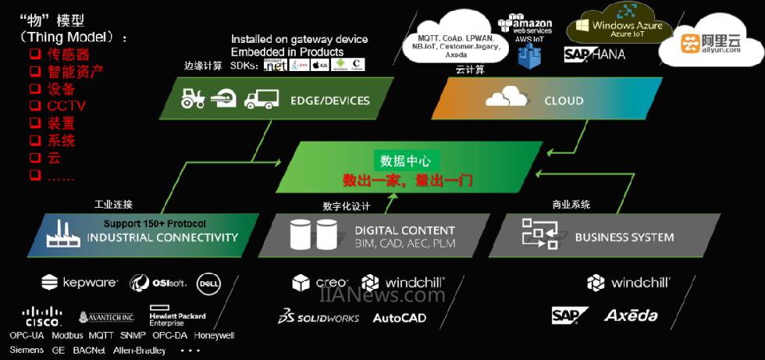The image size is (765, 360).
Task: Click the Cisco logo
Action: coord(42,316)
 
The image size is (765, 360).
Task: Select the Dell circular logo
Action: coord(208,282)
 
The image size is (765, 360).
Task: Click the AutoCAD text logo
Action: coord(400,318)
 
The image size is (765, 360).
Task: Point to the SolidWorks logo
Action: coord(318,317)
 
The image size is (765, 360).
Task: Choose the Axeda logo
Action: coord(631,315)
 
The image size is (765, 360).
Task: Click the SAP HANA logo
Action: coord(596,55)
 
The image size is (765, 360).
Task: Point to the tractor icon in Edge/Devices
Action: coord(192,98)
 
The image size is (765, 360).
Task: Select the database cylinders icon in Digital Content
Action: coord(313,234)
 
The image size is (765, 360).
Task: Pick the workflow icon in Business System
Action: coord(539,233)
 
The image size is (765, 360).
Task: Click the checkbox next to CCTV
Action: coord(34,105)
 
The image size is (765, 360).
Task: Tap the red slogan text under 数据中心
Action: coord(409,180)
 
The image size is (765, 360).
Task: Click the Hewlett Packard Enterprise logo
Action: coord(177,315)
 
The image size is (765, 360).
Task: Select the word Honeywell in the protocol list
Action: coord(214,335)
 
